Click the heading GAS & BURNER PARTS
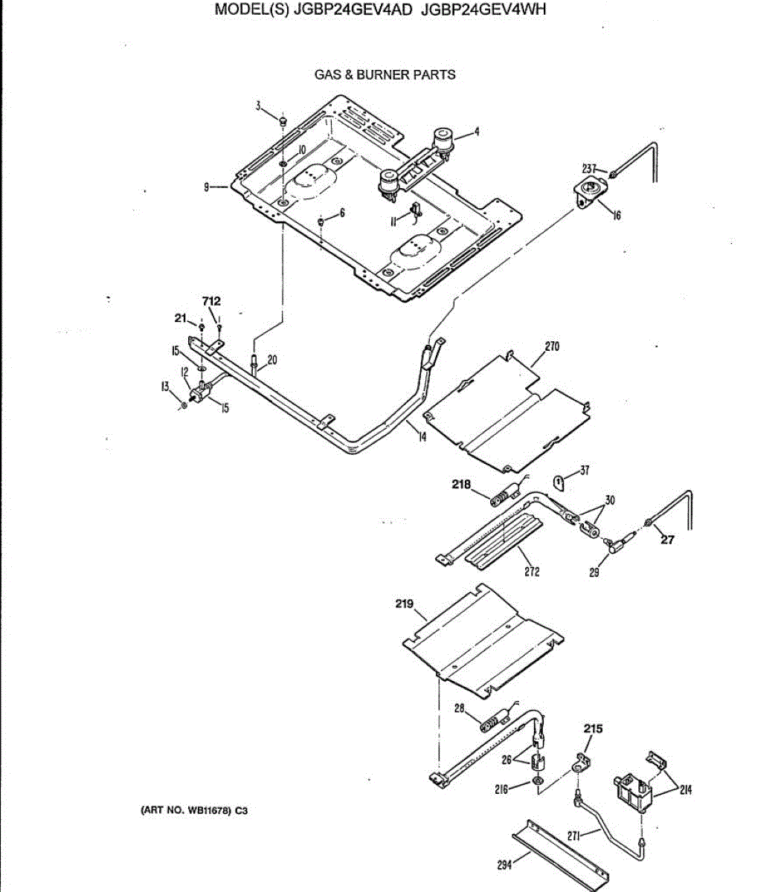385,74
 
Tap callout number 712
211,301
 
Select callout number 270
552,346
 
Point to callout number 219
404,604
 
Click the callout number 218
461,484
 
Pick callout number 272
532,571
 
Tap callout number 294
505,865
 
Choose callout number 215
593,728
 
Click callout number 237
589,169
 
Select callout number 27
667,540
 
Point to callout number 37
585,470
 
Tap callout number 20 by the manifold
272,360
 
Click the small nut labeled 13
184,404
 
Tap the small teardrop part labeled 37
560,483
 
